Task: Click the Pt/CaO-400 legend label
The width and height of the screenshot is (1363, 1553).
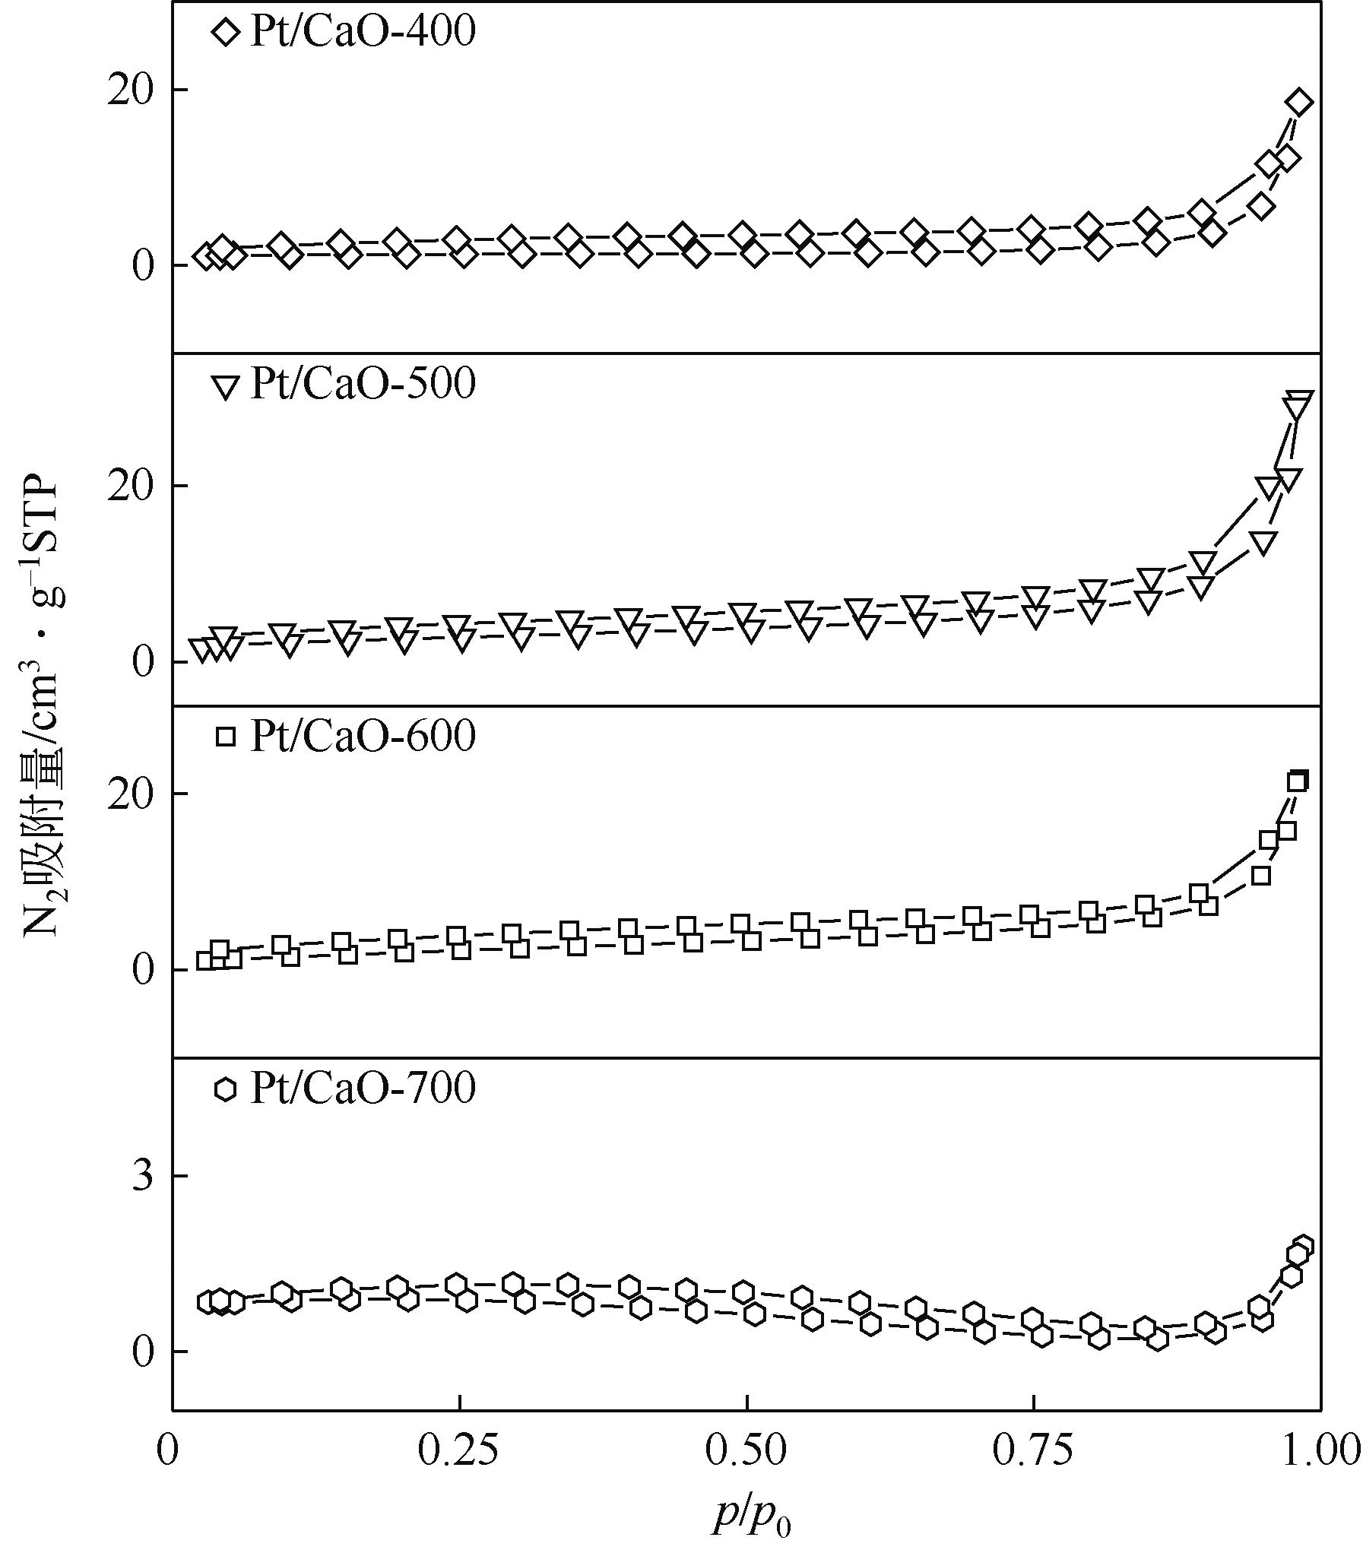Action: (x=363, y=32)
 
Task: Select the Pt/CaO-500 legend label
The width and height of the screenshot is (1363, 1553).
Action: (x=363, y=385)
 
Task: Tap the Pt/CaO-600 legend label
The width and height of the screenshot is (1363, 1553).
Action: (x=363, y=736)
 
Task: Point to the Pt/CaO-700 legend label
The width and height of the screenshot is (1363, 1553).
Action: (x=363, y=1089)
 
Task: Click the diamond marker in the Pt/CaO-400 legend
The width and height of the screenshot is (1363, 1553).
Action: (x=227, y=33)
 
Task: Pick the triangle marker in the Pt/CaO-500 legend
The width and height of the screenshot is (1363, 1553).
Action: (x=227, y=387)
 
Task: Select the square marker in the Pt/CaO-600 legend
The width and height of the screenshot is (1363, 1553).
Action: (x=226, y=737)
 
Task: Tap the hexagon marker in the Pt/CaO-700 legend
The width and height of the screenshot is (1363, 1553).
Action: (x=225, y=1089)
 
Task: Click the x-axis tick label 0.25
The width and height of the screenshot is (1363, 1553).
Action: (x=459, y=1450)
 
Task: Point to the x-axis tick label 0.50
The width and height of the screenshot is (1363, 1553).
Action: (x=746, y=1450)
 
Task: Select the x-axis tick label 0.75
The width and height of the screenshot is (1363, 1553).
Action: (x=1033, y=1450)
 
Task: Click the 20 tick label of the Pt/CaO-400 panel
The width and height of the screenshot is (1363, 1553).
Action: (x=131, y=90)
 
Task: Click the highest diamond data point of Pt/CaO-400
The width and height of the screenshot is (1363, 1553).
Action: (x=1301, y=102)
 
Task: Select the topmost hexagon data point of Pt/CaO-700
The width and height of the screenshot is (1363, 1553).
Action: (x=1303, y=1246)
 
